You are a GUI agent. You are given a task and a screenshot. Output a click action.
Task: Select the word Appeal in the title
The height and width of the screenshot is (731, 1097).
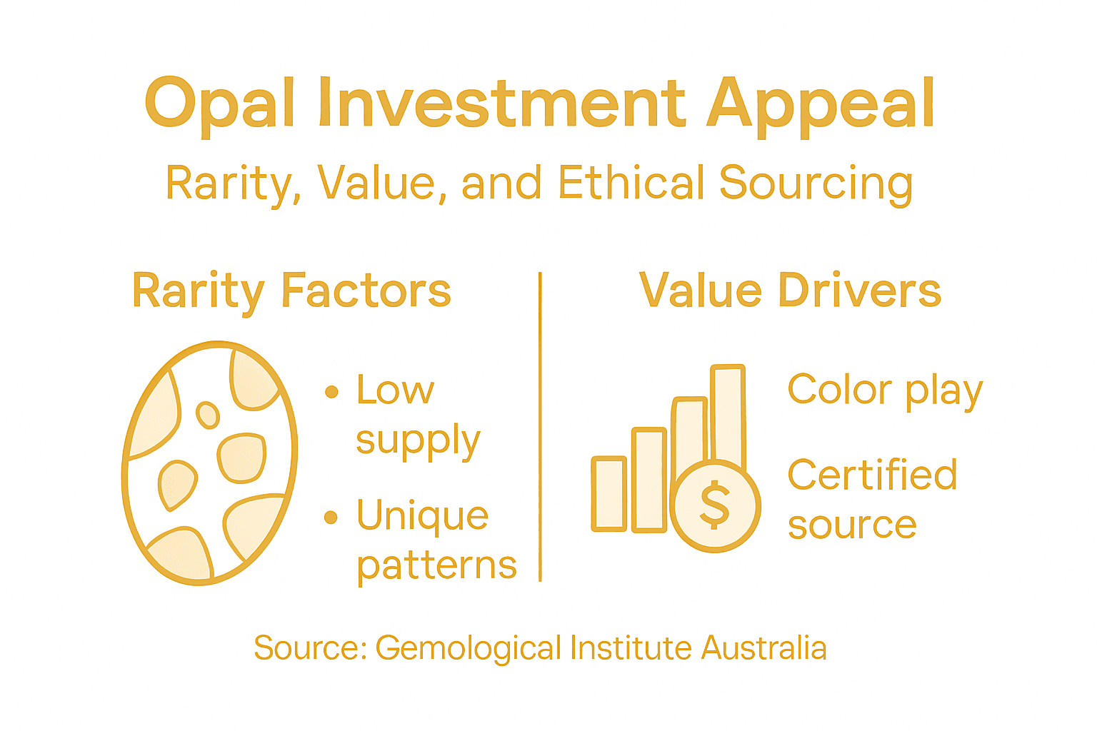(x=821, y=104)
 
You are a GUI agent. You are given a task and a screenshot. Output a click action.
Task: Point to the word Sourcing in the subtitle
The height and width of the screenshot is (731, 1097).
(x=816, y=184)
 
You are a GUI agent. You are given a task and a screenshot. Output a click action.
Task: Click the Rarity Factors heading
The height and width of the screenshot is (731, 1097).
(x=291, y=291)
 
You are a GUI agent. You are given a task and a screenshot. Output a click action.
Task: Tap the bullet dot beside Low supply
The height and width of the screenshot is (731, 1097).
(x=331, y=391)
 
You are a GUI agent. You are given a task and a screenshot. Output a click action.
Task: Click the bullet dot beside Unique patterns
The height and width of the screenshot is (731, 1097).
(x=331, y=517)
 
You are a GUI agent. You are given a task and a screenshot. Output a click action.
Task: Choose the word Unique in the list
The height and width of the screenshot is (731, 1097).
(x=423, y=515)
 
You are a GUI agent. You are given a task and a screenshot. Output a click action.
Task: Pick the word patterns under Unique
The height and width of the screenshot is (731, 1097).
(x=436, y=567)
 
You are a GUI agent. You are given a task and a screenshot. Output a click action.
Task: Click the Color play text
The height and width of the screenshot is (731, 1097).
(x=885, y=391)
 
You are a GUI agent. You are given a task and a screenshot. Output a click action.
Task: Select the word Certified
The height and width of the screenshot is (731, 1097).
(x=872, y=475)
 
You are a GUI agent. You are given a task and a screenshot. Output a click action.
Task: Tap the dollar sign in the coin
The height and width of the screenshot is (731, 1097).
(x=715, y=505)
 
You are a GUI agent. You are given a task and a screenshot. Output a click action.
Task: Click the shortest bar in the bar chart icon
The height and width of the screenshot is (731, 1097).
(x=609, y=494)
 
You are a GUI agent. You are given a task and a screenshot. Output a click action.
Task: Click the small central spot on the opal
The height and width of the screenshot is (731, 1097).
(x=208, y=414)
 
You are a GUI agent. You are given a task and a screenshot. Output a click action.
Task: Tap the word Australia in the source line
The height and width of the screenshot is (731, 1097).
(x=763, y=648)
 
